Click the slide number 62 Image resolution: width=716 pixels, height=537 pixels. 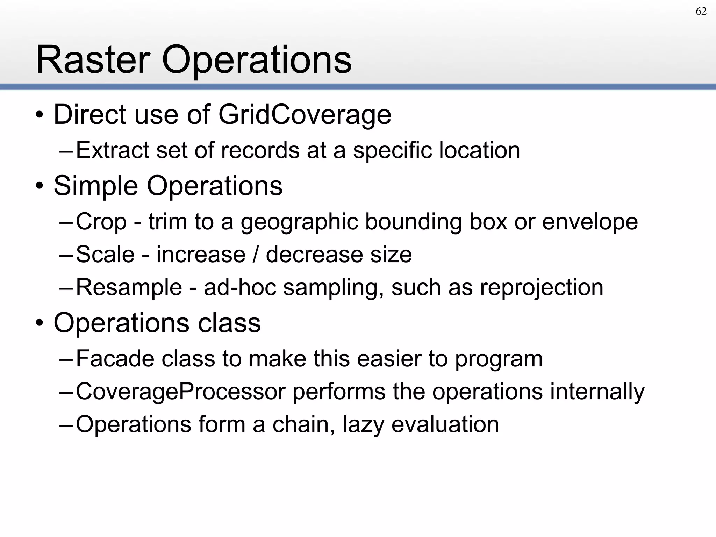coord(701,12)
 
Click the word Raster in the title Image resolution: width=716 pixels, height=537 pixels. coord(93,60)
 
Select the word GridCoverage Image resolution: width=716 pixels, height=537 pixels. coord(305,115)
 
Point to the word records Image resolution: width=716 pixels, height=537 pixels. coord(260,150)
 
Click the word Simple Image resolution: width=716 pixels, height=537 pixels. coord(95,186)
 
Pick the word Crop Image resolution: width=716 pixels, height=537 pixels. coord(101,222)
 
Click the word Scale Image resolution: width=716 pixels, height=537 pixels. coord(105,254)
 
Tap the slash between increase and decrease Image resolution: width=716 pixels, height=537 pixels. coord(256,254)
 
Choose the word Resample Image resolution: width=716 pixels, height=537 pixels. coord(129,287)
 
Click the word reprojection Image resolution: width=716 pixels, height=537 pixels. coord(542,287)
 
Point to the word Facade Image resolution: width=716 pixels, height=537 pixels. coord(115,359)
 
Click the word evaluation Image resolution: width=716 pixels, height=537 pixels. coord(445,424)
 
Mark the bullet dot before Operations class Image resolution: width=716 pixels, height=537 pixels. coord(40,323)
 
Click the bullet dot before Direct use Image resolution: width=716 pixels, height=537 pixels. coord(40,115)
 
